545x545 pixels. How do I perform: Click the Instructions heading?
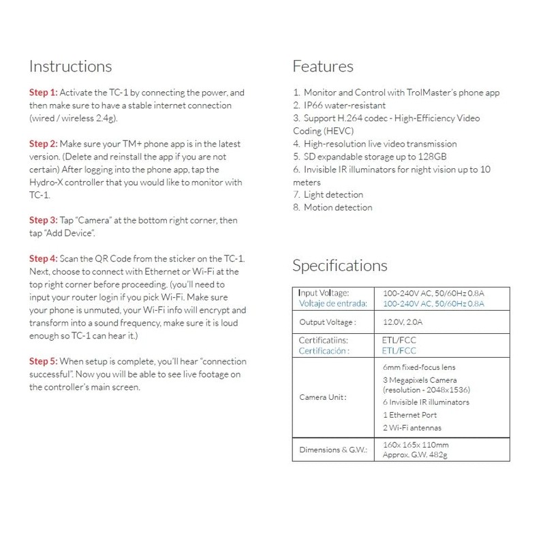70,67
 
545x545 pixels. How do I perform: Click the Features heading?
323,67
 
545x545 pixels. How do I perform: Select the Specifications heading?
340,266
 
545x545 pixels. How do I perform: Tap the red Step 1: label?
44,93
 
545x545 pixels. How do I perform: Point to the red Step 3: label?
44,221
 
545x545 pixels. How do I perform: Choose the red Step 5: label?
44,361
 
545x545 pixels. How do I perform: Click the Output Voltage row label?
328,322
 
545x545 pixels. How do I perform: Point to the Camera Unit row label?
323,396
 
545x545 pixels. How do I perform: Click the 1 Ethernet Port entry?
410,415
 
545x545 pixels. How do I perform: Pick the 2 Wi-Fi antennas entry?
412,428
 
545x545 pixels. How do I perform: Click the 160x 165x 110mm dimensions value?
416,445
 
